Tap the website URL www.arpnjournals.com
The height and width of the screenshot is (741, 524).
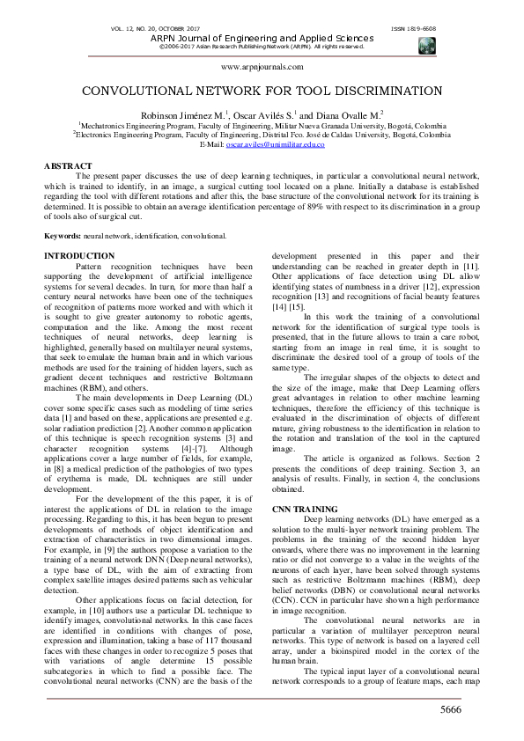tap(261, 67)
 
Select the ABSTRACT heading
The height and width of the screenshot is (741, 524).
tap(68, 166)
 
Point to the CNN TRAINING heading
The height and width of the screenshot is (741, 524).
tap(304, 509)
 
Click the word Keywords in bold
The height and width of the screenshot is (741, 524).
tap(63, 236)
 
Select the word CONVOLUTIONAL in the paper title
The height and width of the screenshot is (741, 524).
tap(137, 91)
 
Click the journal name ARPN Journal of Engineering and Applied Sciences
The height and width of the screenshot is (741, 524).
tap(262, 38)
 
